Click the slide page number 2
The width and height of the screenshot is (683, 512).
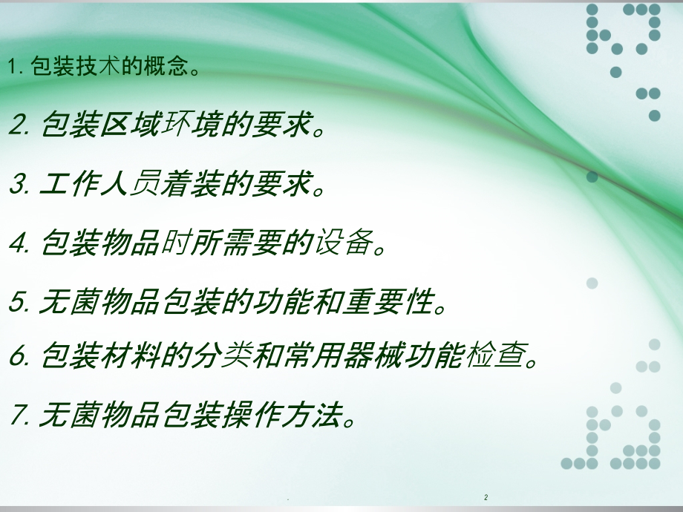click(486, 496)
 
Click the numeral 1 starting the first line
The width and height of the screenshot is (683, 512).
click(13, 68)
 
